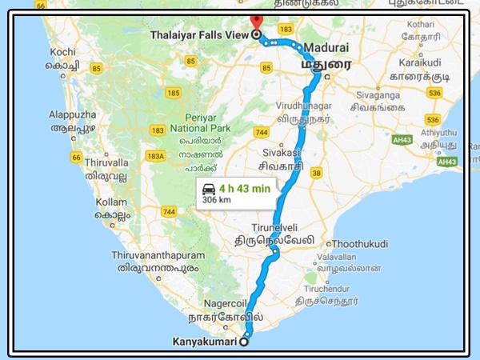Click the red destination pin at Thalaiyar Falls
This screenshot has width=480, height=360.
coord(255,22)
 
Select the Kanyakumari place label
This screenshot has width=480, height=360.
coord(206,342)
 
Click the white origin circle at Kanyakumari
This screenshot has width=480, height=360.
coord(244,342)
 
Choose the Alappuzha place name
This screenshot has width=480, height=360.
coord(72,114)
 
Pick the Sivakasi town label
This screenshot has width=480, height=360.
coord(281,151)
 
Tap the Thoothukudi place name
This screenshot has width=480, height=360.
coord(360,242)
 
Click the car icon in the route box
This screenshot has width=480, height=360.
coord(209,190)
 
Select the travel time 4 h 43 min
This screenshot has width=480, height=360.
coord(245,190)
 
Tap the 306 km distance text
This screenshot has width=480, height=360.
coord(217,202)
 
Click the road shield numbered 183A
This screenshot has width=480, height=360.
coord(156,156)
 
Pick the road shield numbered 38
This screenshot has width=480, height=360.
coord(316,171)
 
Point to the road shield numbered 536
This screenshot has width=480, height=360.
coord(434,94)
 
